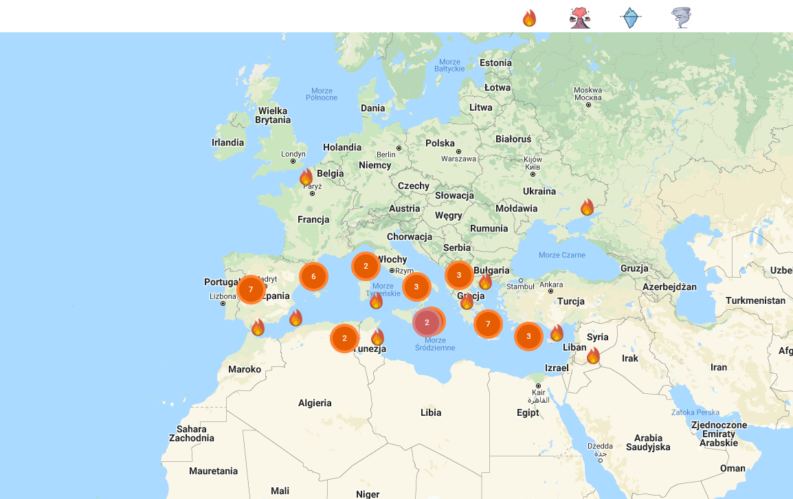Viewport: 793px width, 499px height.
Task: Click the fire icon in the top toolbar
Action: point(529,18)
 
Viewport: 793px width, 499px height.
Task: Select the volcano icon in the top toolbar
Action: point(580,18)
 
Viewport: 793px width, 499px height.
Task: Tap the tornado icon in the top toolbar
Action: point(681,18)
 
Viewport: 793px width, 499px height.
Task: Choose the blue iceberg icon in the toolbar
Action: point(630,18)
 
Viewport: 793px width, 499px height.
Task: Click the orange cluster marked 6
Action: point(313,276)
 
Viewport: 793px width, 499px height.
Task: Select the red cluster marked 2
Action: point(427,322)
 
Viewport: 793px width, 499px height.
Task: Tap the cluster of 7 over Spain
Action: point(251,289)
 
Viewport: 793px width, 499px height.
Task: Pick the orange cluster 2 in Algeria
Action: point(344,338)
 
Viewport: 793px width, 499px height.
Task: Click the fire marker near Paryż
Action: point(306,177)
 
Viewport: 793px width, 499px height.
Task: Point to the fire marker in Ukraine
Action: point(587,208)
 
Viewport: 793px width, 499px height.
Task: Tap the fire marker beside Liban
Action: point(593,356)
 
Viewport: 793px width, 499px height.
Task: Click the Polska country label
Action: point(440,144)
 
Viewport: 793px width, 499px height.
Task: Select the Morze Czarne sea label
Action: point(562,255)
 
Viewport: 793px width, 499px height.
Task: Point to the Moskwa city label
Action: point(588,90)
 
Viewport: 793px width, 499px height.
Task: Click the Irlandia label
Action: point(227,143)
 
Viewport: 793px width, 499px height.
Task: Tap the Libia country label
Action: point(431,413)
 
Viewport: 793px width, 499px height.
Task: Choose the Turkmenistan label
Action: point(755,301)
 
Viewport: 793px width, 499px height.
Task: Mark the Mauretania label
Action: point(213,472)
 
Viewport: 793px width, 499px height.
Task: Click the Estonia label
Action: point(495,63)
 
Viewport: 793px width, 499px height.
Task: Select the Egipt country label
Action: point(528,413)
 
